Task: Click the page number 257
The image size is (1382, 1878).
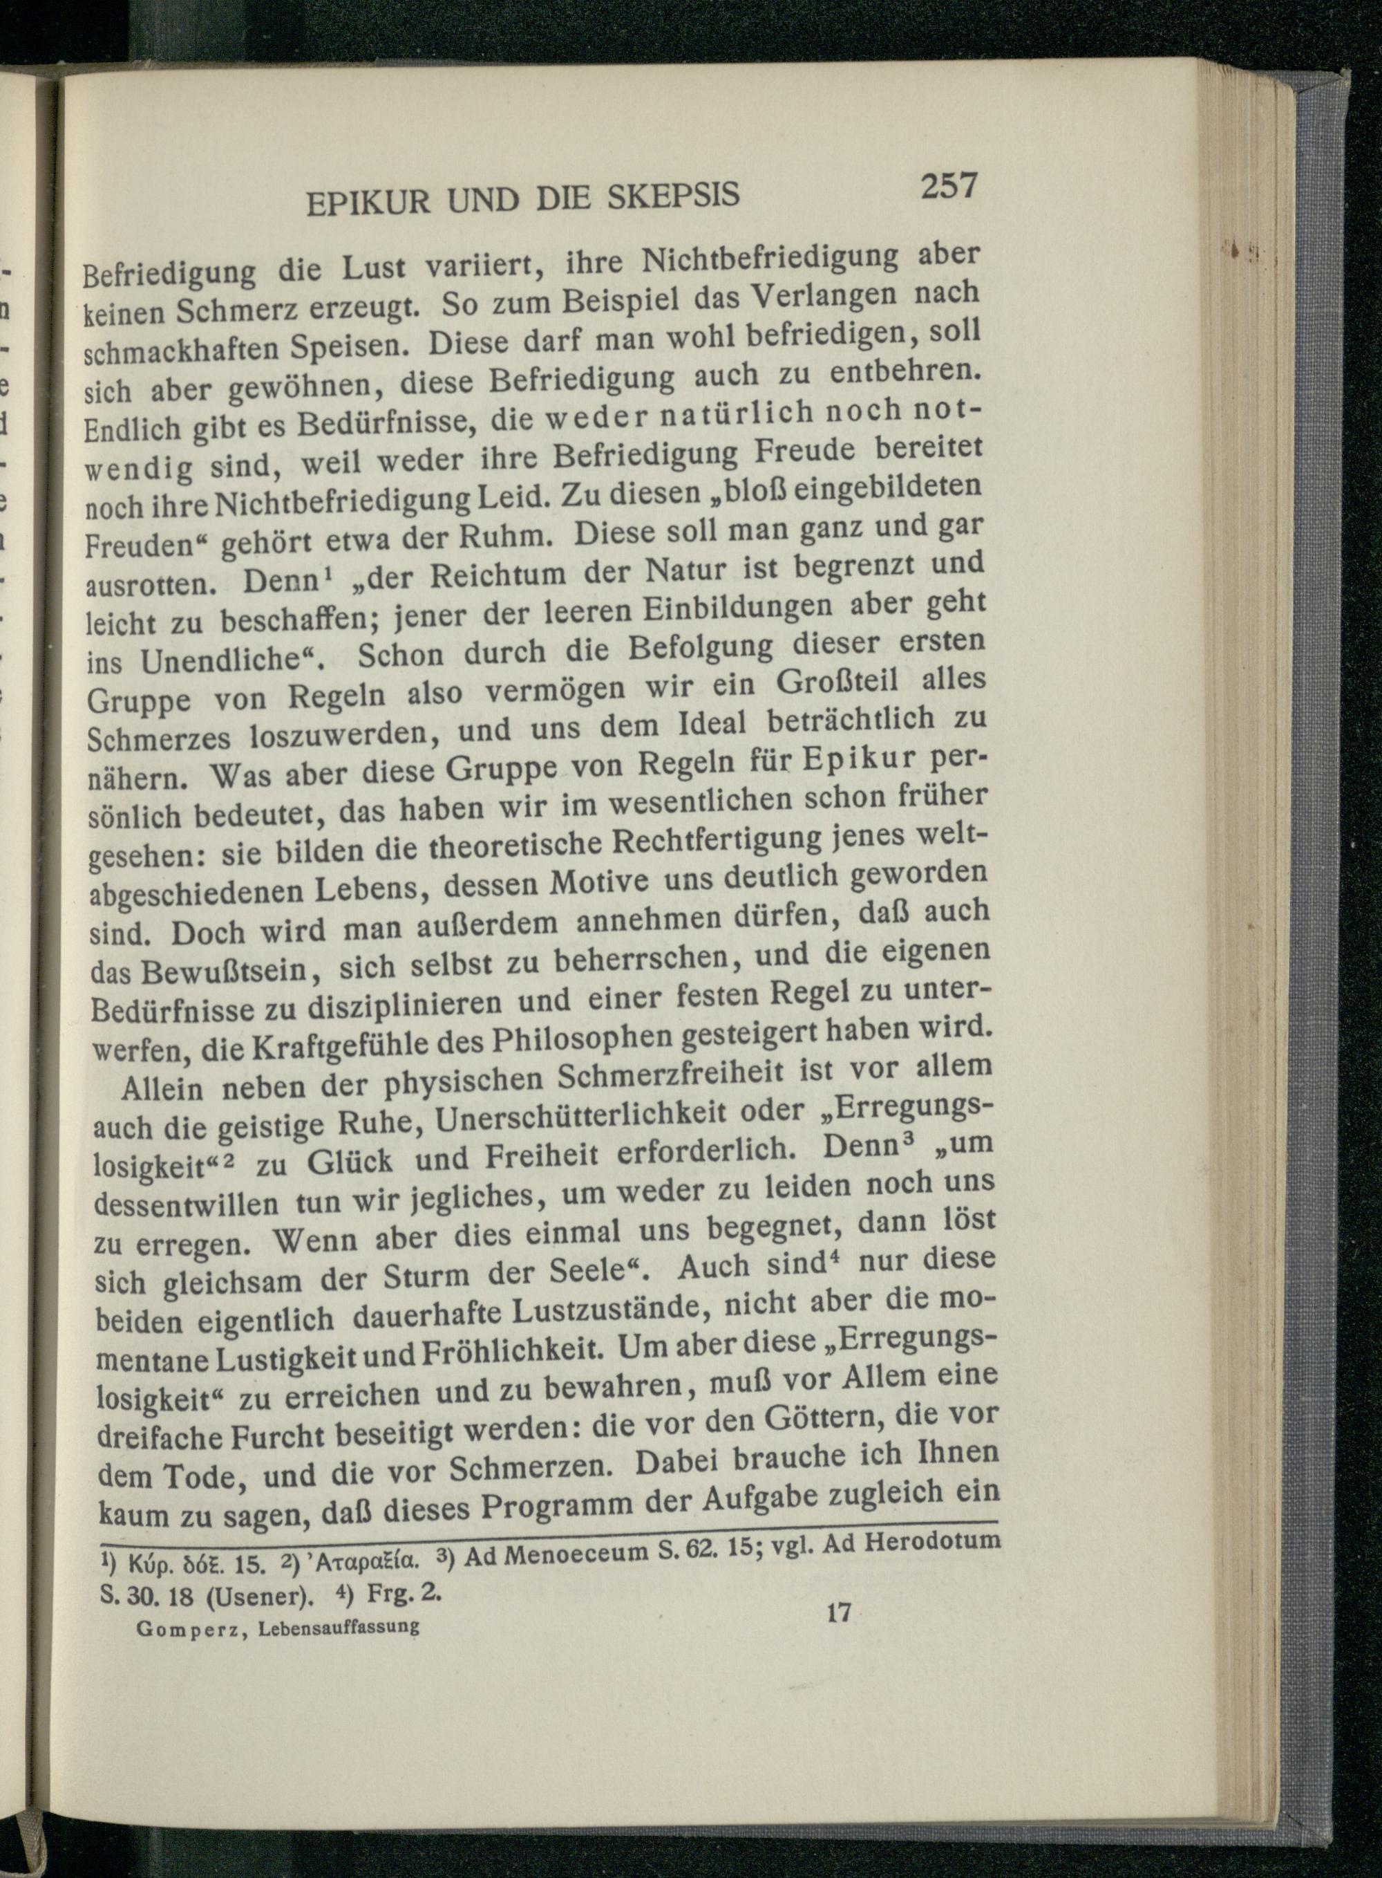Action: click(x=949, y=185)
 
